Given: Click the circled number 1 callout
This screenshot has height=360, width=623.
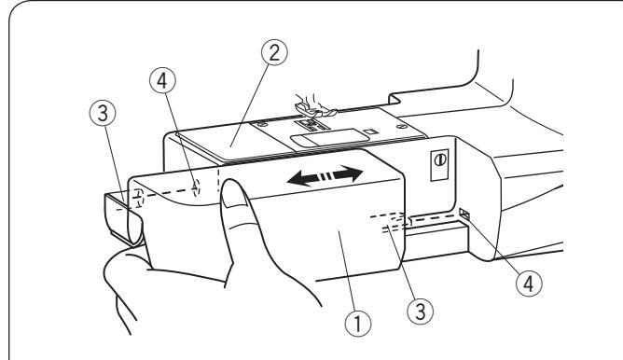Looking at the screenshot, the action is [357, 323].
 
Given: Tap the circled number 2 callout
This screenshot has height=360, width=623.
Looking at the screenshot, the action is [274, 53].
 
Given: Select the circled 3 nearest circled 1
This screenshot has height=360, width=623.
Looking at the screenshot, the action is [421, 312].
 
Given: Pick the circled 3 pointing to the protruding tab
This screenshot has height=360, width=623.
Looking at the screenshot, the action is [103, 114].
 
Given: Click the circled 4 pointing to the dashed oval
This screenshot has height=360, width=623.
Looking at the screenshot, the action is [162, 81].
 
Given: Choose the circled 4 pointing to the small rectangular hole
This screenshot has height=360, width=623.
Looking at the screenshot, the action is [529, 284].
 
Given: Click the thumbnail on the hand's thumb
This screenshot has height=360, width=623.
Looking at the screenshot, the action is [233, 193].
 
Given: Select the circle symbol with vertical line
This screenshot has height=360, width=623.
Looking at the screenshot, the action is [440, 160].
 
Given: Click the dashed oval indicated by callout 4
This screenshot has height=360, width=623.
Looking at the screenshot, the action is [196, 187].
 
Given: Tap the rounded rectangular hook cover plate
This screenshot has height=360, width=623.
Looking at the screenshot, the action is [330, 138].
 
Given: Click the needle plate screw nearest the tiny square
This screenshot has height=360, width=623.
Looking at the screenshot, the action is [400, 126].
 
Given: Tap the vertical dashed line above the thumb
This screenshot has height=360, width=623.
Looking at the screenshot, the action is [218, 179].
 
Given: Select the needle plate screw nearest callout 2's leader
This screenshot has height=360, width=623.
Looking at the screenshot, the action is [260, 125].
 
